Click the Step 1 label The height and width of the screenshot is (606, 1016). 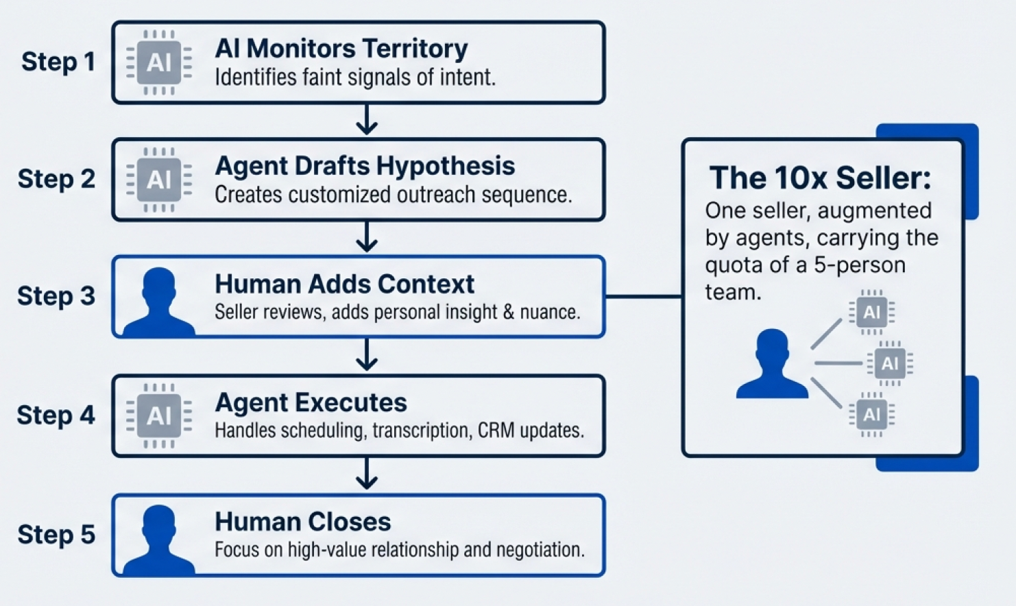(58, 62)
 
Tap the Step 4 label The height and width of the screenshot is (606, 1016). (56, 415)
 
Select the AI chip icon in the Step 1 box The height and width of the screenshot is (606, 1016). (159, 62)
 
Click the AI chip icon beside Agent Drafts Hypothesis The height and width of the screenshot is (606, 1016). (159, 180)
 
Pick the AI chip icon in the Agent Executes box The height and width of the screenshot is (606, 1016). (159, 415)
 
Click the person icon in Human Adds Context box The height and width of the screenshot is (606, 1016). (159, 302)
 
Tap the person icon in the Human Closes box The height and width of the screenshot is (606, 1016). (159, 540)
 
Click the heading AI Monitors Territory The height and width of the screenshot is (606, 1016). (341, 49)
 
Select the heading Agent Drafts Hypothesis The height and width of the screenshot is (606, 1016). (365, 166)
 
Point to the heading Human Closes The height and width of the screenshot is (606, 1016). (302, 522)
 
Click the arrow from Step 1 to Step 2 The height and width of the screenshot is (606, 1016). (367, 120)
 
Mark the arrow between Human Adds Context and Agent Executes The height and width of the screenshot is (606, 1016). (367, 355)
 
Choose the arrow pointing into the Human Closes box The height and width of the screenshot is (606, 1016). (367, 474)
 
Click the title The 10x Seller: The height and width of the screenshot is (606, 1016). (820, 178)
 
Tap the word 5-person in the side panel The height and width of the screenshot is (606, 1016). (860, 265)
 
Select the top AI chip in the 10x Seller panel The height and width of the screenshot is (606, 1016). (871, 313)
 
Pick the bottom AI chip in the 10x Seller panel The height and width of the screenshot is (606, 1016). (871, 415)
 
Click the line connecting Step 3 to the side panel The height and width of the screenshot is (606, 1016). (643, 296)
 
